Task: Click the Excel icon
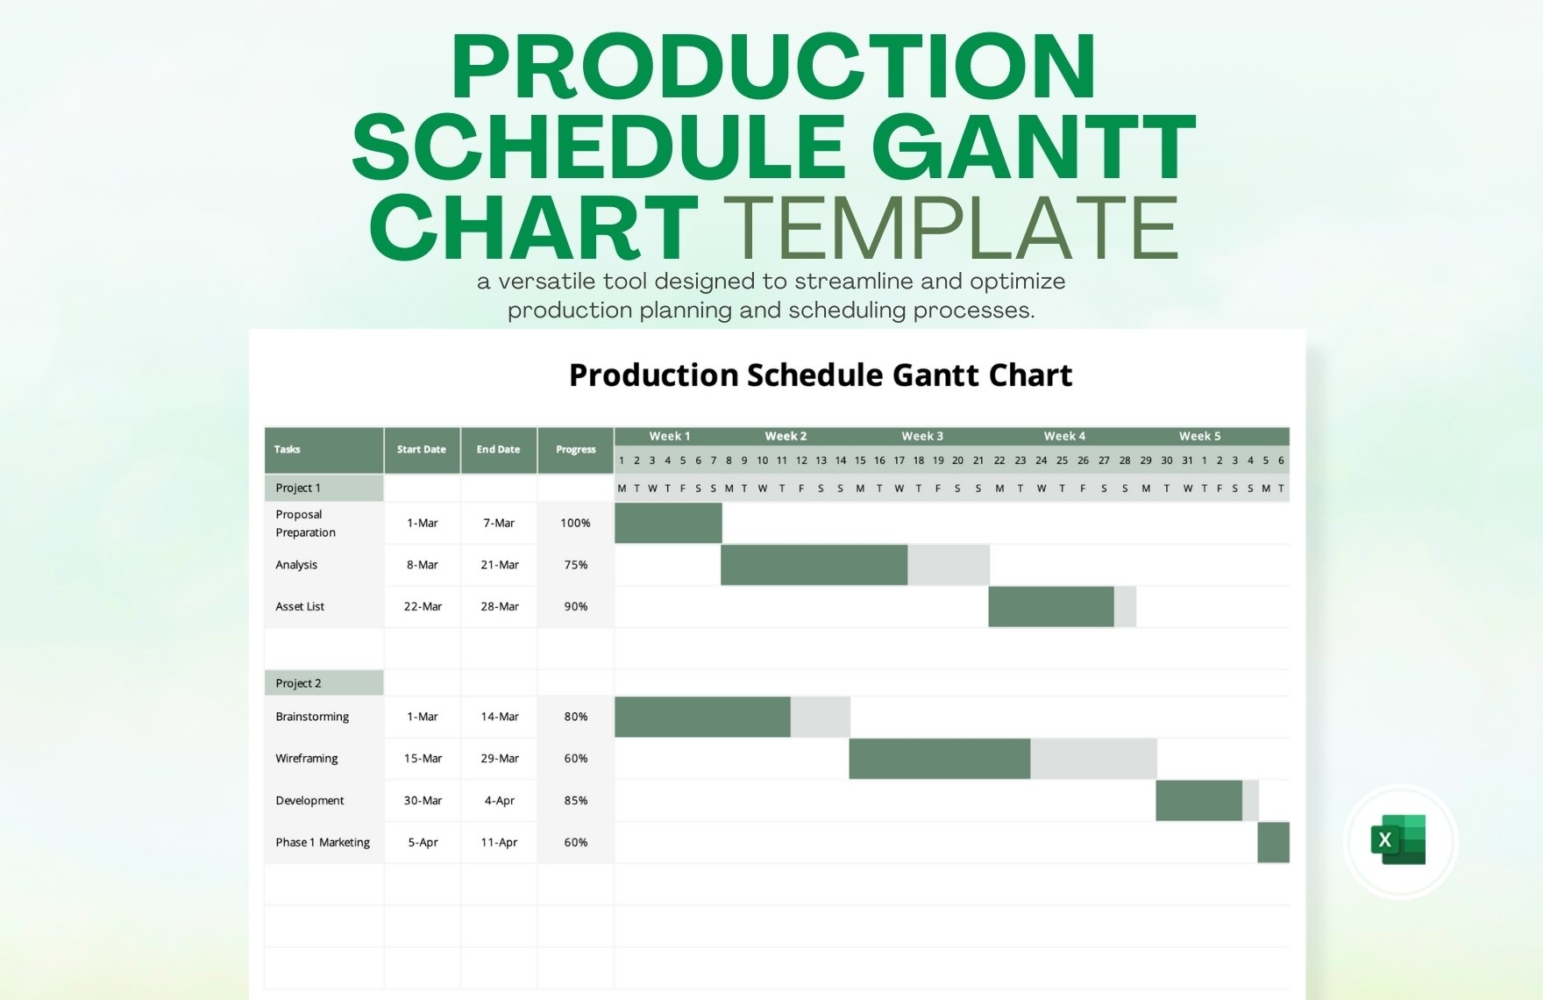(1399, 839)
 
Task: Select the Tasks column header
(288, 449)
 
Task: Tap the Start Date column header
(422, 449)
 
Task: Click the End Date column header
(498, 449)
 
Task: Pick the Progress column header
(575, 449)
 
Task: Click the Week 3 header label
(922, 436)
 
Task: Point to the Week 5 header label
(1199, 436)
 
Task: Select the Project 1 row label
(299, 488)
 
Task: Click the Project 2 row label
(299, 683)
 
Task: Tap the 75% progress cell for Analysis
(575, 565)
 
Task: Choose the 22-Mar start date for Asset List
(423, 606)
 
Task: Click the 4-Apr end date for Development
(499, 800)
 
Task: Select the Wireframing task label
(307, 758)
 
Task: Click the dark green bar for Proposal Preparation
(668, 523)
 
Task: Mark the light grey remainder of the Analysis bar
(949, 565)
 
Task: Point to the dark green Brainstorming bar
(702, 717)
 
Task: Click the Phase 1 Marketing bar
(1273, 842)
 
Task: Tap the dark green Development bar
(1198, 800)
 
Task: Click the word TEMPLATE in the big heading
(951, 228)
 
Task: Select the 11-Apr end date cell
(499, 842)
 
